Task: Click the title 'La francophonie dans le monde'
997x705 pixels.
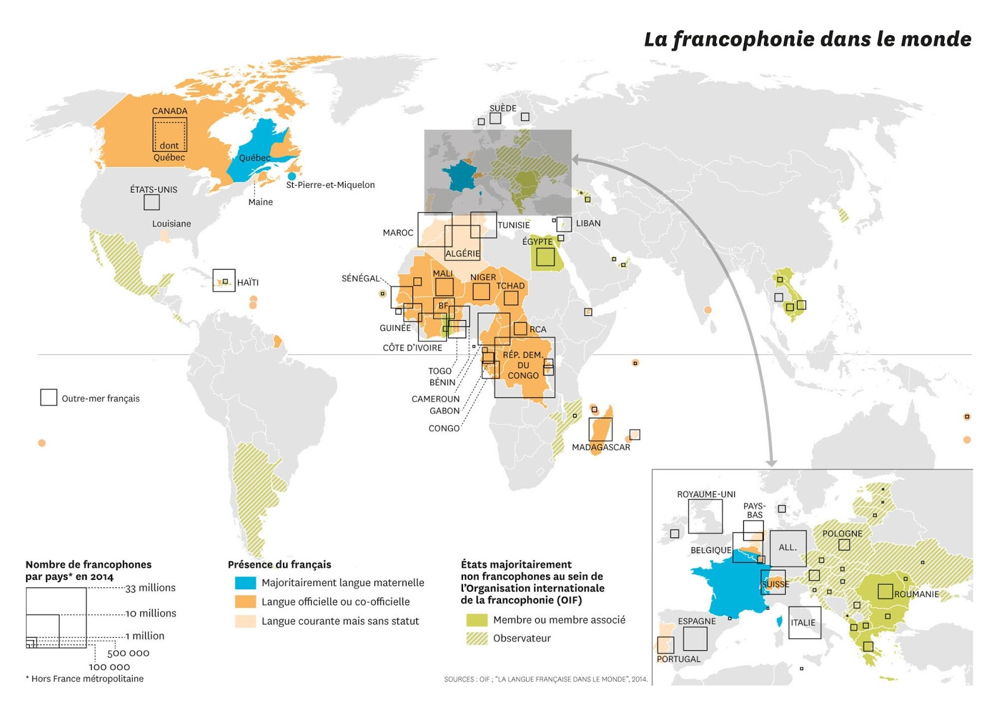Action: pyautogui.click(x=807, y=39)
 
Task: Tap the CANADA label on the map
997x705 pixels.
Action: pyautogui.click(x=169, y=111)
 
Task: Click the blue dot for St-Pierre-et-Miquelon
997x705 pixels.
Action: pyautogui.click(x=292, y=176)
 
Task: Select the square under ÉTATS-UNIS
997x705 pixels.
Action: pyautogui.click(x=151, y=202)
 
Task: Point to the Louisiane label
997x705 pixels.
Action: pyautogui.click(x=171, y=224)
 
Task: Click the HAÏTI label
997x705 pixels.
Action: pyautogui.click(x=247, y=283)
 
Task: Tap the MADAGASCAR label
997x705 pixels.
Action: pyautogui.click(x=601, y=447)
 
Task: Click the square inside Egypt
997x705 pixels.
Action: pyautogui.click(x=545, y=257)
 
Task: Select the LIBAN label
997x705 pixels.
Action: pyautogui.click(x=588, y=223)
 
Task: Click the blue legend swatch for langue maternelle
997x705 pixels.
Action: pyautogui.click(x=245, y=583)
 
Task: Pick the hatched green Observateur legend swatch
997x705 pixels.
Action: pyautogui.click(x=477, y=638)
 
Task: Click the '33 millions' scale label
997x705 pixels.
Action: pyautogui.click(x=150, y=588)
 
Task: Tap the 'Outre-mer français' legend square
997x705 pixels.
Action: pyautogui.click(x=49, y=397)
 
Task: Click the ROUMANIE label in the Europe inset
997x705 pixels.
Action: pyautogui.click(x=916, y=594)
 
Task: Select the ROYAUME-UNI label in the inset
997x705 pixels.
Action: pyautogui.click(x=706, y=494)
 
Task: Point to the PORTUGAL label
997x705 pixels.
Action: pyautogui.click(x=679, y=659)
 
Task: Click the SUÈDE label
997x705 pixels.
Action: pyautogui.click(x=502, y=108)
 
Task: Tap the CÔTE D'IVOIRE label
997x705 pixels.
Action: pyautogui.click(x=412, y=348)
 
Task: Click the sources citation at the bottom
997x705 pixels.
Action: pyautogui.click(x=545, y=679)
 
